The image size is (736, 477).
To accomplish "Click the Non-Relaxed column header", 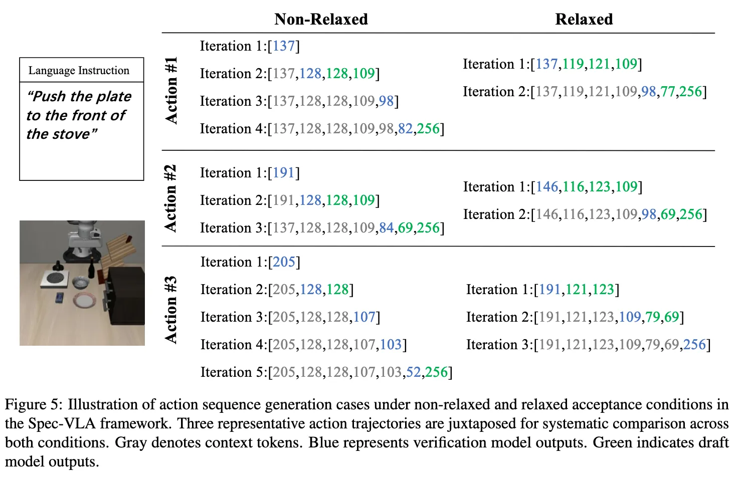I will click(321, 19).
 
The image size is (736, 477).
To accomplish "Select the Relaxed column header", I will click(584, 19).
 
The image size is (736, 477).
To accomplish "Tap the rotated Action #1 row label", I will click(171, 90).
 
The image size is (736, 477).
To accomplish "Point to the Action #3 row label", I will click(171, 309).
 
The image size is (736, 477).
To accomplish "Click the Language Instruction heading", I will click(79, 71).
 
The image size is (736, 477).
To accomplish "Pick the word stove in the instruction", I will click(68, 134).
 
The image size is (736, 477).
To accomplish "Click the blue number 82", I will click(405, 129).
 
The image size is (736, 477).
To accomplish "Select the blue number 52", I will click(413, 372).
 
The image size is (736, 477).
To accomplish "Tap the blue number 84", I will click(386, 228).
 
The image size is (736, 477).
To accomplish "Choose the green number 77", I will click(667, 92).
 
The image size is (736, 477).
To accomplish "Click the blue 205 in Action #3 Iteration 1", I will click(284, 262).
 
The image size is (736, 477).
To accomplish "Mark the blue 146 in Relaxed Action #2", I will click(547, 187).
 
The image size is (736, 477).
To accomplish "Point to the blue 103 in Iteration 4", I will click(391, 345).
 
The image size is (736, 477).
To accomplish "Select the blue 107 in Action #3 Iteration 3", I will click(364, 317).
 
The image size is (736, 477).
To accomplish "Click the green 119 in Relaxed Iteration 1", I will click(573, 64).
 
